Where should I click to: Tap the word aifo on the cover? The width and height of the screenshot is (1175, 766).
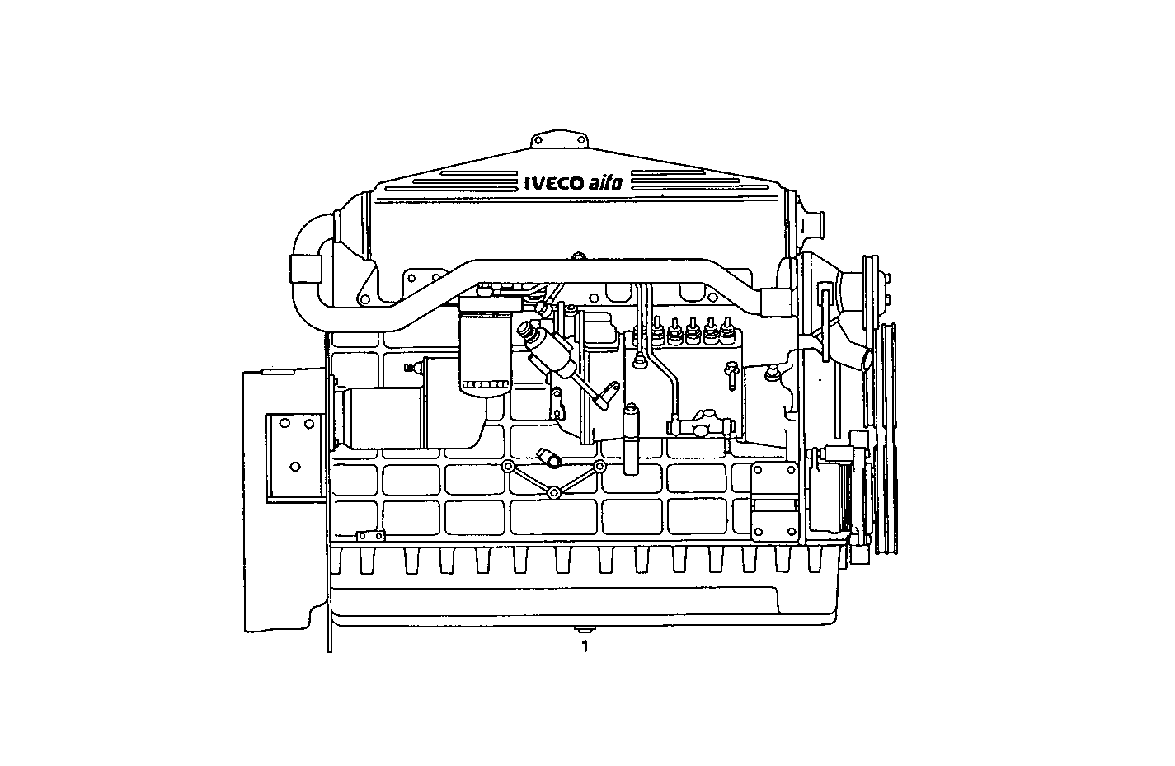tap(606, 183)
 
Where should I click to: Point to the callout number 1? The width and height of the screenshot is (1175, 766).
tap(585, 646)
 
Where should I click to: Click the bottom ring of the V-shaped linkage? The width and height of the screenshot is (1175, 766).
tap(554, 493)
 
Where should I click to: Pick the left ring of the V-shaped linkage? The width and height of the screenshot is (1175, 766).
tap(509, 468)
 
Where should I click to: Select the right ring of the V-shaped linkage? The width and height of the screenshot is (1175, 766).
tap(600, 468)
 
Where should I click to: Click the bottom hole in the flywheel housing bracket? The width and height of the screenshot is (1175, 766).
tap(295, 467)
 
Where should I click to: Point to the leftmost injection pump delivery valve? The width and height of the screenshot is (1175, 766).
tap(658, 331)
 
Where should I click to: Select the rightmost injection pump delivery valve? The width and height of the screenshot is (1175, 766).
tap(726, 331)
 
